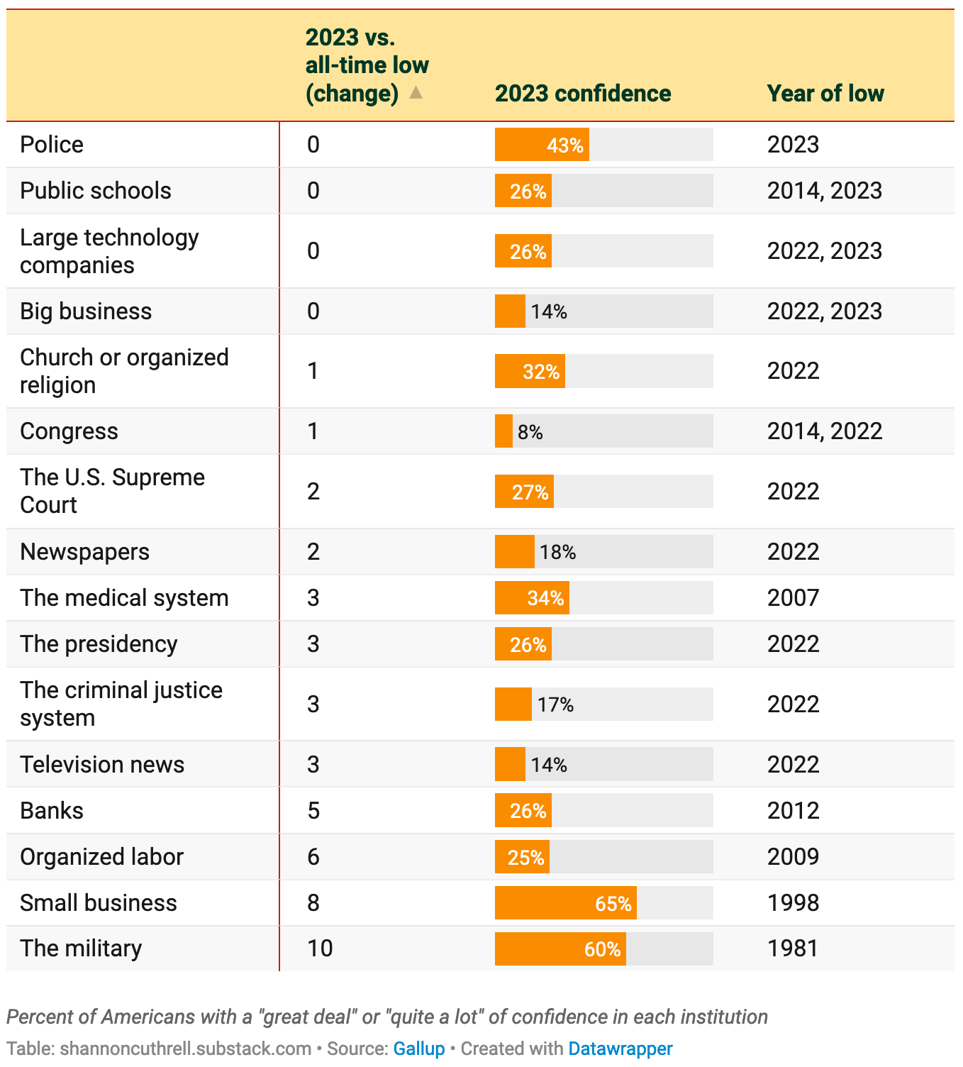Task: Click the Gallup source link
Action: [418, 1049]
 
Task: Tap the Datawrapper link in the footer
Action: [620, 1049]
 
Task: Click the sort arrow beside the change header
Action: [416, 93]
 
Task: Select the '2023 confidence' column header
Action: [582, 94]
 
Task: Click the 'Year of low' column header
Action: [825, 94]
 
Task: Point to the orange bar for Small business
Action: [565, 903]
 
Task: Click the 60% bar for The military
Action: [560, 949]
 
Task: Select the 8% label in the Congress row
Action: [530, 432]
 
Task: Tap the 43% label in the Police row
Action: [564, 145]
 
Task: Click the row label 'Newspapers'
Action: [84, 552]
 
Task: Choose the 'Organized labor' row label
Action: [101, 857]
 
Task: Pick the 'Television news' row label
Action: [102, 765]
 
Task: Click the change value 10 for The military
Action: [320, 949]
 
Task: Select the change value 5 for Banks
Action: [313, 811]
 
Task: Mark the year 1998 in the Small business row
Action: [793, 903]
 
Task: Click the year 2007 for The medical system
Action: [793, 598]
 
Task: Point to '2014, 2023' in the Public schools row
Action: [824, 191]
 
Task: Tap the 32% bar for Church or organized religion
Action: [530, 372]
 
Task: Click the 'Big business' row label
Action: [86, 311]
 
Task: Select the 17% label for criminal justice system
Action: [555, 704]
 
